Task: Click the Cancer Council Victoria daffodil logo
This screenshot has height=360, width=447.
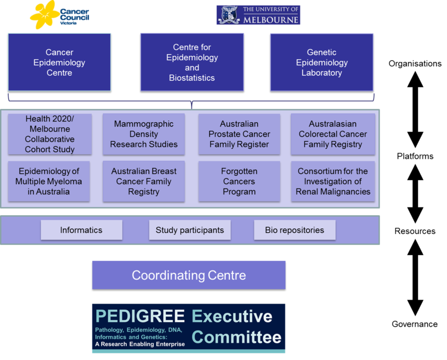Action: [x=59, y=15]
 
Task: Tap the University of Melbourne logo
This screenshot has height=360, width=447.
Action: [x=258, y=15]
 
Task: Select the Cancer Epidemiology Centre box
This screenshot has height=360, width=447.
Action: [x=59, y=62]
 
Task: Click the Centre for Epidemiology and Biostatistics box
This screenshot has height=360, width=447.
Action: [x=192, y=62]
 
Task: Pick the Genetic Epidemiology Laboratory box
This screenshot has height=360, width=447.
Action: [x=322, y=62]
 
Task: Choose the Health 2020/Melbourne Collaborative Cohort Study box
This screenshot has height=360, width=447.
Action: [x=50, y=134]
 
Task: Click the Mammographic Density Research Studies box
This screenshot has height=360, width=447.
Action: [x=144, y=134]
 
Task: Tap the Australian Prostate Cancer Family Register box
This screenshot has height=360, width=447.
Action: [x=239, y=134]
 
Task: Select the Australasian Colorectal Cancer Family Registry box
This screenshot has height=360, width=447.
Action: [x=333, y=134]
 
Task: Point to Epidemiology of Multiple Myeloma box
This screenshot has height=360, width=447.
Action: [x=49, y=181]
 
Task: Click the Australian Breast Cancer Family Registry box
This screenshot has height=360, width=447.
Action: [x=144, y=181]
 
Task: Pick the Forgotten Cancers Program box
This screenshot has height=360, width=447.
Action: [x=239, y=181]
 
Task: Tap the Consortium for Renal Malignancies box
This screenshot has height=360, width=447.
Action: [x=333, y=181]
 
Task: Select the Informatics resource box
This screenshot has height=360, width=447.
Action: [x=81, y=230]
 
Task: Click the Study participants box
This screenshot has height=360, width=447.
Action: [x=190, y=230]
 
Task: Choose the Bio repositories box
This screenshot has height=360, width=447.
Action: [x=295, y=230]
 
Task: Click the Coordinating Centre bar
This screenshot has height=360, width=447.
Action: [x=189, y=275]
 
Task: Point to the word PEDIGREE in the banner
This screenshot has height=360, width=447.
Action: [x=140, y=316]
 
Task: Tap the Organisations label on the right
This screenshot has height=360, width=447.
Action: [x=415, y=64]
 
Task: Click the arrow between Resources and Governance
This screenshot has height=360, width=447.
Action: [x=415, y=278]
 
